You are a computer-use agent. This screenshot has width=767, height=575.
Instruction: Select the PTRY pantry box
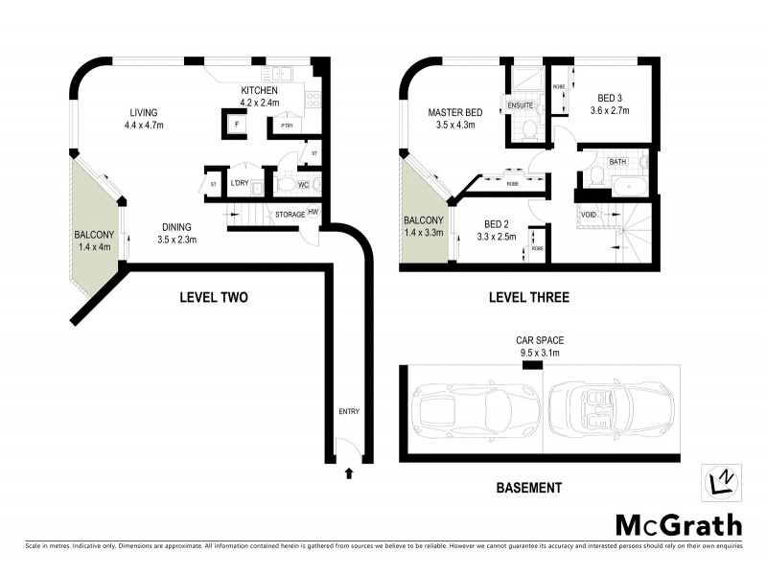pos(286,126)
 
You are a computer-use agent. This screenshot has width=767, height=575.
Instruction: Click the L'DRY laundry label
pos(239,183)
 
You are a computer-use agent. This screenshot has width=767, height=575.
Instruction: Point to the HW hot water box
pos(313,214)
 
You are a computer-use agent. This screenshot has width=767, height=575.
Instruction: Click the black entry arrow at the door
pos(348,471)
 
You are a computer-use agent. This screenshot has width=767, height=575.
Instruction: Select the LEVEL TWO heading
pos(214,297)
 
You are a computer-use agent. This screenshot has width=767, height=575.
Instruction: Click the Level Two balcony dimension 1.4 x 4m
pos(94,247)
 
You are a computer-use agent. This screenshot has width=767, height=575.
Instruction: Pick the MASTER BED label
pos(454,112)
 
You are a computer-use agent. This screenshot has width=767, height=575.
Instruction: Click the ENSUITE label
pos(520,104)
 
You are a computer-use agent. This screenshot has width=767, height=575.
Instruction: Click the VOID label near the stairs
pos(589,214)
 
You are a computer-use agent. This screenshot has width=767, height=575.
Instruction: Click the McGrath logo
pos(678,524)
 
